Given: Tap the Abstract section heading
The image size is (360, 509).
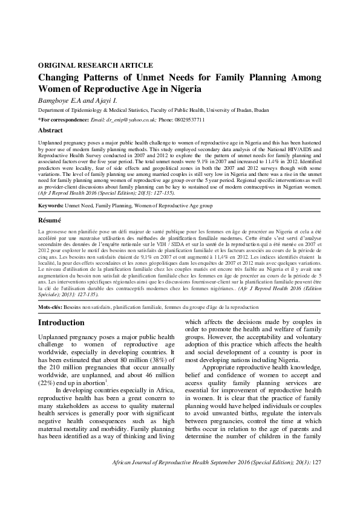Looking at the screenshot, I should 50,130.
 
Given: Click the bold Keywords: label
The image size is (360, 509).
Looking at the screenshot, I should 51,206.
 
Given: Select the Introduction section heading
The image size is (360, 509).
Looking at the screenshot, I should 61,323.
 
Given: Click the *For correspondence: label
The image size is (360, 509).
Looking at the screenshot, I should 61,120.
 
